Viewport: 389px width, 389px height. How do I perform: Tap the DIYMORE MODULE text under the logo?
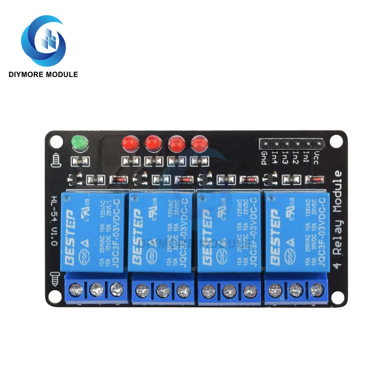[x=43, y=74]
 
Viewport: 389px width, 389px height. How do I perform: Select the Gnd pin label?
[x=264, y=158]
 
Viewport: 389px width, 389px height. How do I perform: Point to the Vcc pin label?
[x=316, y=158]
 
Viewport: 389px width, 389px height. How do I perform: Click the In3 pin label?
[x=285, y=158]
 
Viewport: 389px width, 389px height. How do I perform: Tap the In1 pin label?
[x=306, y=158]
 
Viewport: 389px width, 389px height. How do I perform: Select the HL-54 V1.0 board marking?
[x=54, y=221]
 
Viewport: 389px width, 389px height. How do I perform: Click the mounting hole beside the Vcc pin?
[x=335, y=140]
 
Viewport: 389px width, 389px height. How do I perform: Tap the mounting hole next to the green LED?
[x=58, y=139]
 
